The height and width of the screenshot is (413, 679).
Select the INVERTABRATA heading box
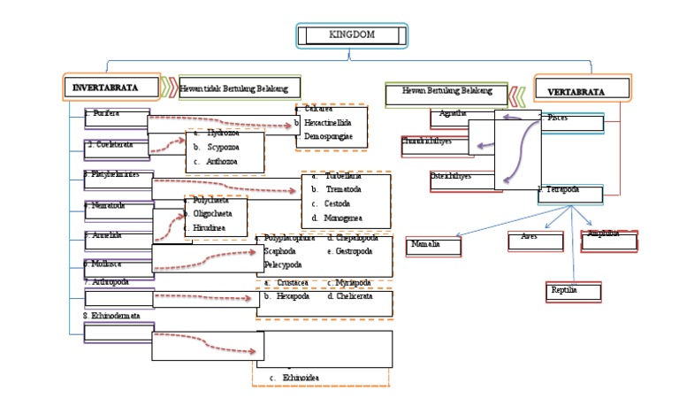point(111,88)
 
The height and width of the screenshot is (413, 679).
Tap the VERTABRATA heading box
point(583,90)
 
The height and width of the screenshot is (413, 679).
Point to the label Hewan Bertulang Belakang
point(446,91)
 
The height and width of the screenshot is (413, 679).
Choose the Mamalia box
point(434,245)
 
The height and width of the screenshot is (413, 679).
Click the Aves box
point(536,239)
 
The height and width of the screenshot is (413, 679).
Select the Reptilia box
point(573,291)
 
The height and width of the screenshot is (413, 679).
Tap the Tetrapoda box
point(570,193)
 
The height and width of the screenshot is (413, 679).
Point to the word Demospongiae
point(328,139)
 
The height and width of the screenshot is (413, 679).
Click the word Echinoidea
point(301,378)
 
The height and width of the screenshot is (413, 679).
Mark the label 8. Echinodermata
point(112,316)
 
